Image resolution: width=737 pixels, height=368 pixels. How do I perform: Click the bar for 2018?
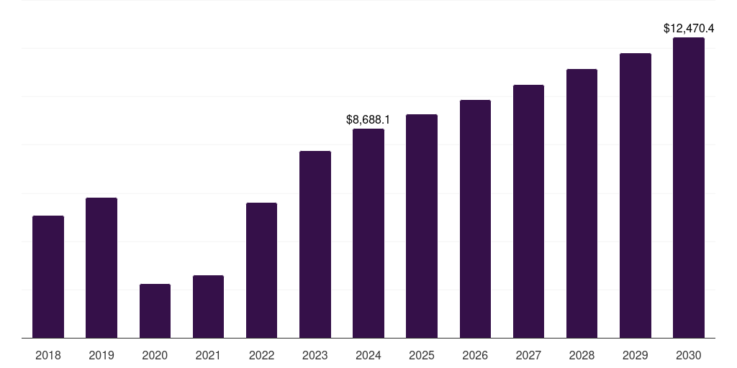[48, 277]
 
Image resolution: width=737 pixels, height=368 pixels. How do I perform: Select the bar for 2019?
[101, 267]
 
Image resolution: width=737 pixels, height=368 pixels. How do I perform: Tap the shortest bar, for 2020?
[155, 310]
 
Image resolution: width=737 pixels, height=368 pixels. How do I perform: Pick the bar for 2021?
[208, 306]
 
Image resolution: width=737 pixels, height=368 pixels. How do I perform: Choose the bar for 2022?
[261, 270]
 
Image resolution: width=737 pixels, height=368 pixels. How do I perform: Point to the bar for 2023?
[315, 244]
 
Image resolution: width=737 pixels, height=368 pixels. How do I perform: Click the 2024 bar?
[368, 233]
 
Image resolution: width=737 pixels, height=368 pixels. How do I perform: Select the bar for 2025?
[422, 226]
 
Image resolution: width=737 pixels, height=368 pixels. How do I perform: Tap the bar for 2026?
[475, 218]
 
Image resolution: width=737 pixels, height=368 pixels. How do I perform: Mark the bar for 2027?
[528, 211]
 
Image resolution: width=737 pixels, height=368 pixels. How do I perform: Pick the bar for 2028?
[582, 203]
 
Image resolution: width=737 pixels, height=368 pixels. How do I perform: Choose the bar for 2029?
[636, 195]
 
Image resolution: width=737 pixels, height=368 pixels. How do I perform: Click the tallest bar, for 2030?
[689, 188]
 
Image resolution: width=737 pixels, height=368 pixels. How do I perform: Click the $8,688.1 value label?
[368, 119]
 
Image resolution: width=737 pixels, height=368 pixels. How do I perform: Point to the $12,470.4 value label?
[689, 29]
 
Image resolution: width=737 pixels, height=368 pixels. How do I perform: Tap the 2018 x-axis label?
[48, 355]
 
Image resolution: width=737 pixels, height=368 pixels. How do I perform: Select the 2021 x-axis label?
[208, 355]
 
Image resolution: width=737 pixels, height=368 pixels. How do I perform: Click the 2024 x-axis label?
[368, 355]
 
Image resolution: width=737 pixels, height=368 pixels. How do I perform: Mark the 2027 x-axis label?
[528, 355]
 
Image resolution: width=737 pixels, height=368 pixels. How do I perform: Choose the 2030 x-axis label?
[689, 355]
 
